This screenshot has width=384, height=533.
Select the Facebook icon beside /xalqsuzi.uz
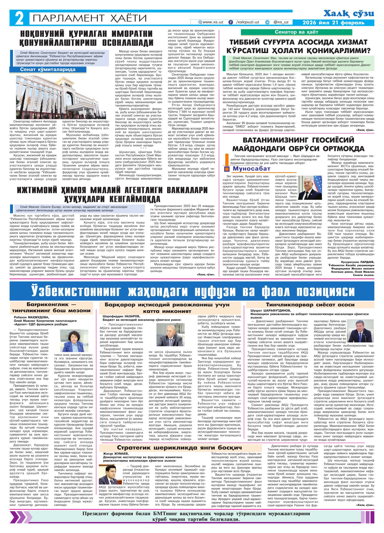231,22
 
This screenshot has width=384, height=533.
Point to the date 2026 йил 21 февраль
333,23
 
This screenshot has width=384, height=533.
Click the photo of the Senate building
61,97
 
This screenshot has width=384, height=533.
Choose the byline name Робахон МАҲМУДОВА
31,317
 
